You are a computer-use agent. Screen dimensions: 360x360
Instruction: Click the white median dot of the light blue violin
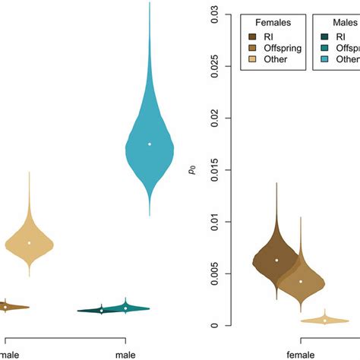tap(150, 144)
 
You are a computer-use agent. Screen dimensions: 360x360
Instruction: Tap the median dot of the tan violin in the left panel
tap(30, 243)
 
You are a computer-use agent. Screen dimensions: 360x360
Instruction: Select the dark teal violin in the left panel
tap(102, 310)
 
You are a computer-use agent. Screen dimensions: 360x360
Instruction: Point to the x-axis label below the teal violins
tap(125, 353)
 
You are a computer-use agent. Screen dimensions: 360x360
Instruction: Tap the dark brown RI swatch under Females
tap(251, 35)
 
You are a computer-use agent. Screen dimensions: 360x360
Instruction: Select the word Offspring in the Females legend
tap(281, 47)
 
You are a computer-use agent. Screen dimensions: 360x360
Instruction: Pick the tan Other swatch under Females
tap(251, 59)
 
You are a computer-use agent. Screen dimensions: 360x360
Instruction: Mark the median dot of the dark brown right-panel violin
tap(277, 260)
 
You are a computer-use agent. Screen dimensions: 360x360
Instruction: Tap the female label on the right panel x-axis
tap(302, 353)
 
